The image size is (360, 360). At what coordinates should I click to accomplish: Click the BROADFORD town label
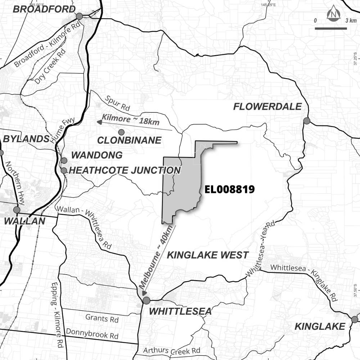[44, 9]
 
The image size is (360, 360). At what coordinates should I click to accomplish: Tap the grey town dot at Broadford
[79, 16]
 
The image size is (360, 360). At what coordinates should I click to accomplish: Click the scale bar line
[330, 28]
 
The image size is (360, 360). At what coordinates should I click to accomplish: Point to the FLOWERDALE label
[267, 107]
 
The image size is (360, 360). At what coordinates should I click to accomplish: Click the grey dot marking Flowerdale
[307, 121]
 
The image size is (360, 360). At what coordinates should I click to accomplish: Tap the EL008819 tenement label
[229, 189]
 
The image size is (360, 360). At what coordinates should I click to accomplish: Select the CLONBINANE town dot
[121, 132]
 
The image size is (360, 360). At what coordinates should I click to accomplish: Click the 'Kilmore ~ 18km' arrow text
[131, 120]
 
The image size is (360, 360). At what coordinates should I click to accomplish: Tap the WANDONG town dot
[64, 160]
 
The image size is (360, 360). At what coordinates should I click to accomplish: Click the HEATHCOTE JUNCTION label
[124, 170]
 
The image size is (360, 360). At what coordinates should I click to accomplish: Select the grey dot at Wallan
[17, 210]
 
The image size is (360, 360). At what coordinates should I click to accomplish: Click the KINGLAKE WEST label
[207, 255]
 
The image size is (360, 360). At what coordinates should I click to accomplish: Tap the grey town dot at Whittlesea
[146, 300]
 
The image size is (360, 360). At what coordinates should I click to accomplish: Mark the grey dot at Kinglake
[355, 319]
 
